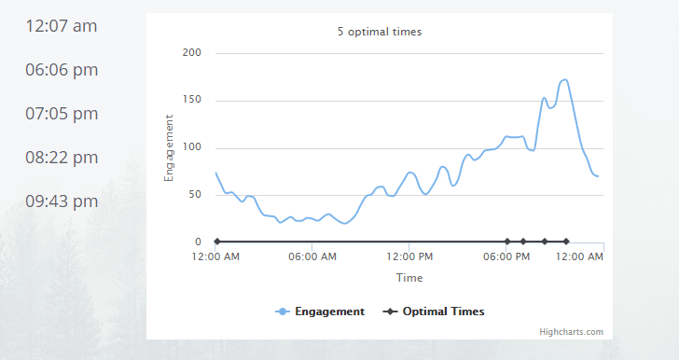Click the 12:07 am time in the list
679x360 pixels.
click(x=62, y=26)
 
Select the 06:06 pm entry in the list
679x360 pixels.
click(x=62, y=70)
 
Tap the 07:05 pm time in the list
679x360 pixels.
click(x=62, y=114)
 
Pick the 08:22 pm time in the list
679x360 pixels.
click(x=62, y=158)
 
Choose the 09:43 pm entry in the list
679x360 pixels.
click(x=62, y=201)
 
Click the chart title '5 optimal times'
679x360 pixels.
click(x=380, y=32)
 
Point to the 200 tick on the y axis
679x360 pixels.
click(x=191, y=53)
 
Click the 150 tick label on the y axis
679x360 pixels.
click(x=191, y=101)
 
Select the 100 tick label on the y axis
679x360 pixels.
click(x=191, y=148)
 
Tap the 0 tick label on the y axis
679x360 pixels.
click(x=198, y=242)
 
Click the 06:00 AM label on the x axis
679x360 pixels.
click(x=312, y=256)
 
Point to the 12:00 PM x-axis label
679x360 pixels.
click(x=409, y=256)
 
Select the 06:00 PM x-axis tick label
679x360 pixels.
click(x=506, y=256)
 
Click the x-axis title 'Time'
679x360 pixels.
click(x=409, y=278)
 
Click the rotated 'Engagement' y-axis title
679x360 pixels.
click(x=169, y=147)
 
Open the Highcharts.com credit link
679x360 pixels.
click(x=571, y=331)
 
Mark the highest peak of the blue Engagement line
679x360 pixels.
click(x=564, y=79)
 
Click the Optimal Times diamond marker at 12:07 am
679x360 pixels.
click(x=217, y=242)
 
